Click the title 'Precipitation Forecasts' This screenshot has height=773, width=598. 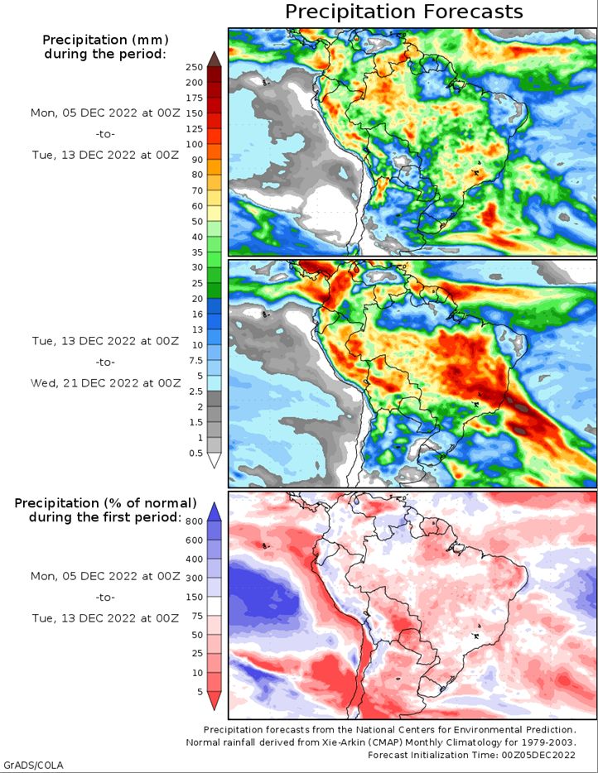(404, 12)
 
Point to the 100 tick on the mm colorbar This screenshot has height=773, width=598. (194, 144)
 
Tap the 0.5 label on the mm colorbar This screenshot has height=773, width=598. (195, 452)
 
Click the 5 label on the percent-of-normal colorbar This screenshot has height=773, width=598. (199, 691)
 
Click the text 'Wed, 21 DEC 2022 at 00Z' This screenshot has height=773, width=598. (104, 383)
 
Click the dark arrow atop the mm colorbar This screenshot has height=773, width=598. (214, 58)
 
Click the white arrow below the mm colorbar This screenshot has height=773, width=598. (214, 460)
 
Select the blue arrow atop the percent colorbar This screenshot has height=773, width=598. (214, 509)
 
